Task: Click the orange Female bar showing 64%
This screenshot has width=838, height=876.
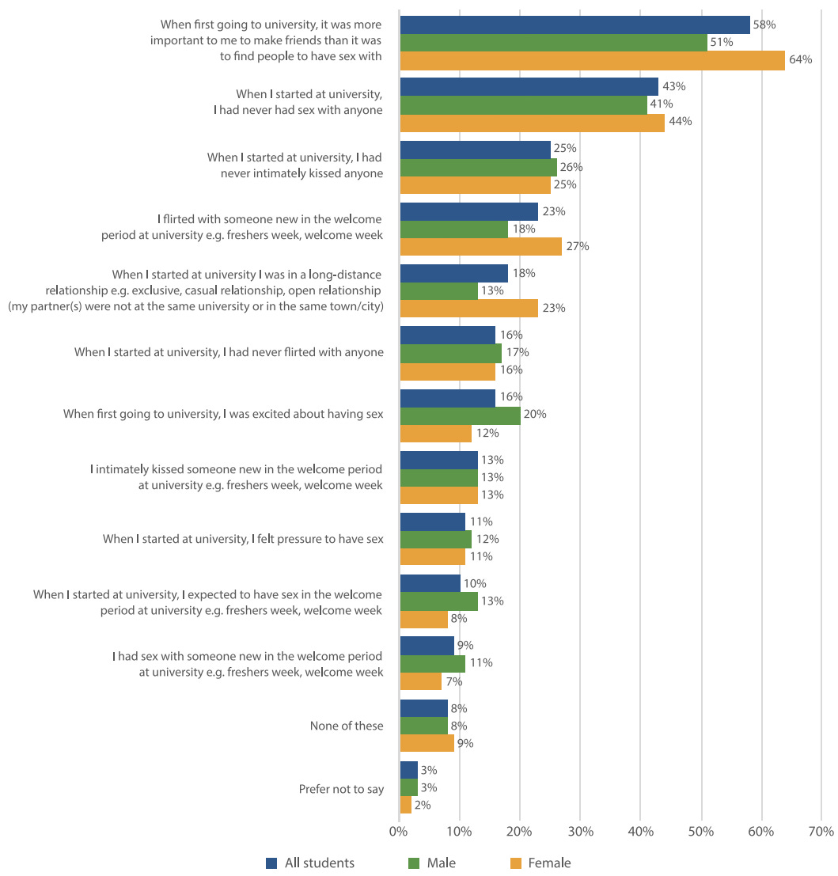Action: pyautogui.click(x=592, y=60)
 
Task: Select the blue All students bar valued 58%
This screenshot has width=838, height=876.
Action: pyautogui.click(x=574, y=25)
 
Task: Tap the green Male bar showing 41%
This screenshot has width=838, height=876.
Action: pyautogui.click(x=523, y=104)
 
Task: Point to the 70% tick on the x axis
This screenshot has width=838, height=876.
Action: pyautogui.click(x=821, y=832)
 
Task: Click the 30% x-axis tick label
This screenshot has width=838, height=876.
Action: pyautogui.click(x=580, y=832)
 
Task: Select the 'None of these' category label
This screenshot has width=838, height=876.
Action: pyautogui.click(x=347, y=726)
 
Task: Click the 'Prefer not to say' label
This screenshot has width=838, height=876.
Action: pyautogui.click(x=341, y=788)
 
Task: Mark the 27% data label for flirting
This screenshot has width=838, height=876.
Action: pyautogui.click(x=578, y=246)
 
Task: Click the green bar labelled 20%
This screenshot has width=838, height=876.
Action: pyautogui.click(x=460, y=415)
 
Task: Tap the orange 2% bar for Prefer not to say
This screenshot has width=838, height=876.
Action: pyautogui.click(x=405, y=805)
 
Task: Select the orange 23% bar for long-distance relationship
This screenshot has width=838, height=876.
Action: pyautogui.click(x=468, y=308)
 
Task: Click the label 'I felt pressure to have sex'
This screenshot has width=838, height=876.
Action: pyautogui.click(x=243, y=539)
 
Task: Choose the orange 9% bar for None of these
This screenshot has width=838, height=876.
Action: pyautogui.click(x=427, y=743)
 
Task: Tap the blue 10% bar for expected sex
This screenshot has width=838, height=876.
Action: pyautogui.click(x=430, y=583)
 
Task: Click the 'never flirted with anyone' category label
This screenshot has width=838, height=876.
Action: pyautogui.click(x=229, y=352)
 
